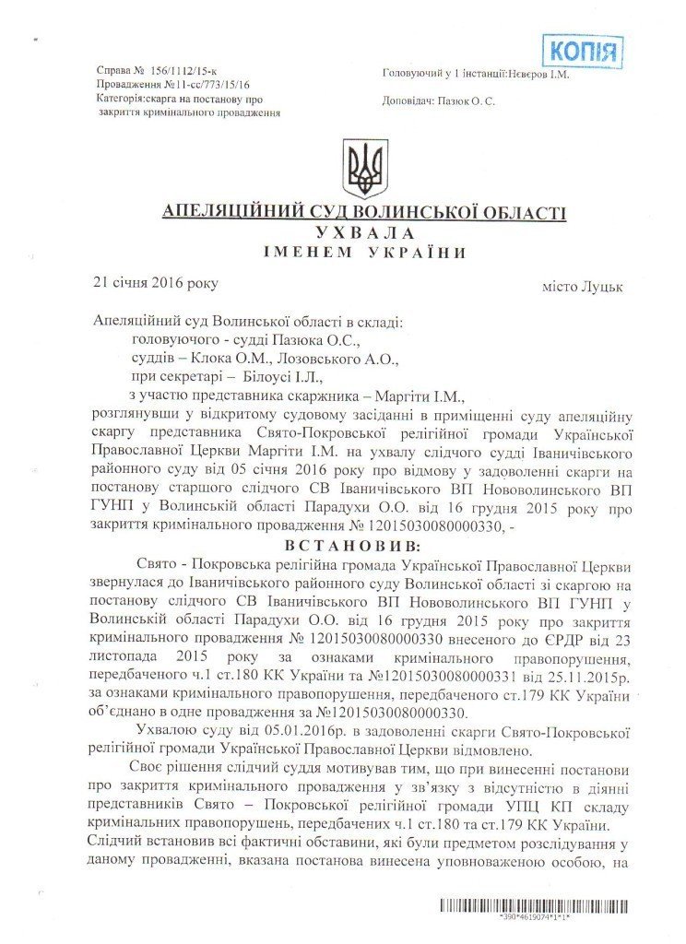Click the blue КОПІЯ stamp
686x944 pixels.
[x=581, y=51]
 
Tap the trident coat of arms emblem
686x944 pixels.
[x=366, y=169]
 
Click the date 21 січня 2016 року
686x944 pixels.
[x=156, y=284]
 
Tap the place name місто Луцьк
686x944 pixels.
[x=582, y=287]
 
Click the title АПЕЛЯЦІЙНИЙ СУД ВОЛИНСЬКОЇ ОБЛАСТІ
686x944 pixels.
[x=364, y=213]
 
